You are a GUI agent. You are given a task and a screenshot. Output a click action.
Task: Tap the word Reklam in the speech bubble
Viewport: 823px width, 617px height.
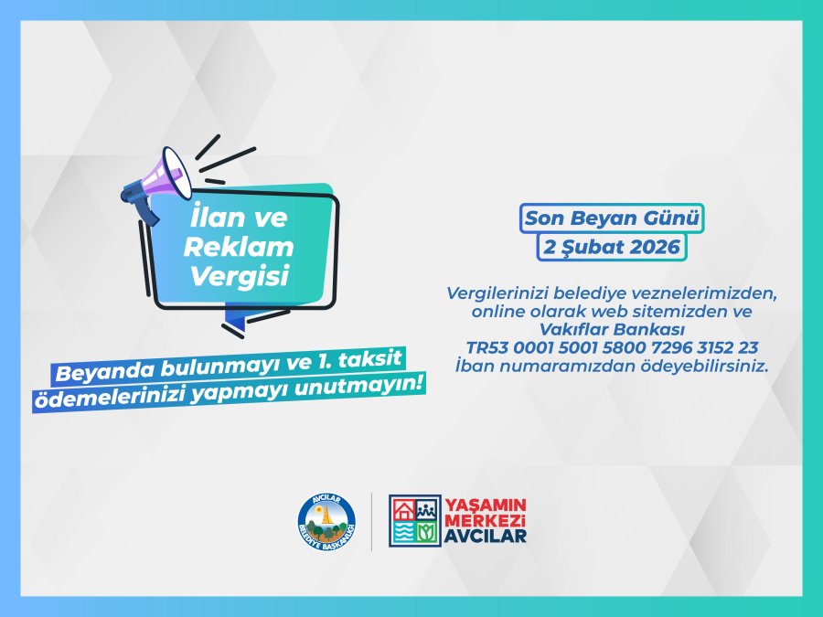pos(239,247)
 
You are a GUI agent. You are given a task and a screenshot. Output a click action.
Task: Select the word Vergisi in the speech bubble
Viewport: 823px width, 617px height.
pos(240,275)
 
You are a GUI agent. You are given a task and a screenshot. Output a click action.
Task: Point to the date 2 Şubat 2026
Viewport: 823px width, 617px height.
pos(612,247)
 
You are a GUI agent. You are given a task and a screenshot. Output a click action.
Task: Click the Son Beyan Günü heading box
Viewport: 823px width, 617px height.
pos(612,218)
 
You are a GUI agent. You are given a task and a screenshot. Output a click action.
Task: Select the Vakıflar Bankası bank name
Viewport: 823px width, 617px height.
pos(613,329)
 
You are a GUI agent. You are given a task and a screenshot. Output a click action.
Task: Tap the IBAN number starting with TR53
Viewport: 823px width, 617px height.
pos(613,347)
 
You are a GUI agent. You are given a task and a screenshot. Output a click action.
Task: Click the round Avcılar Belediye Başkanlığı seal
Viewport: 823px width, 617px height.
pos(326,523)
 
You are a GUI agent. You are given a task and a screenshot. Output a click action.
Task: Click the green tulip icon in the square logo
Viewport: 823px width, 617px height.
pos(428,533)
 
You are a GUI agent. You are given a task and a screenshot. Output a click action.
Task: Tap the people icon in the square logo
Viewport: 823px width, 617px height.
pos(428,510)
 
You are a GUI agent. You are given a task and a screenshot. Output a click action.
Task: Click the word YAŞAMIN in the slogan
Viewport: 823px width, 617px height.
pos(486,505)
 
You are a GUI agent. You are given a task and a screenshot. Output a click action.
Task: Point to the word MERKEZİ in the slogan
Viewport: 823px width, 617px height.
pos(486,520)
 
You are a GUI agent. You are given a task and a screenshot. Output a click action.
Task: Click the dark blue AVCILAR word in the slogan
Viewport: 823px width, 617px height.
pos(486,536)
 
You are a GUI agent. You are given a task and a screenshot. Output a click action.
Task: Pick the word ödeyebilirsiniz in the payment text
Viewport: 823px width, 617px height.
pos(704,366)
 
